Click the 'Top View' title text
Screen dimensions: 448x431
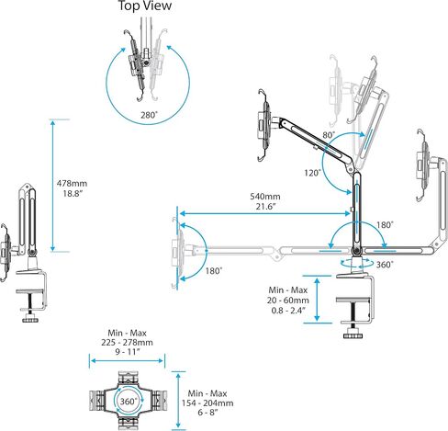tap(145, 6)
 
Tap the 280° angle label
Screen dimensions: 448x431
tap(149, 115)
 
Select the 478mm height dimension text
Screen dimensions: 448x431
tap(72, 183)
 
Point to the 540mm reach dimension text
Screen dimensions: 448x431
tap(265, 197)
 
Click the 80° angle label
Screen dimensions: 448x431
tap(329, 135)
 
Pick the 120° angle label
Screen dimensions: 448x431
tap(312, 173)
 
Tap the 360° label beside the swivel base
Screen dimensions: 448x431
tap(385, 265)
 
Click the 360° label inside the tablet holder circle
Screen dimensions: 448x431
tap(129, 401)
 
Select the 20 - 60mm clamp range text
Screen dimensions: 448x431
tap(287, 301)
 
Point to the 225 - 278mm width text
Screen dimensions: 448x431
tap(127, 342)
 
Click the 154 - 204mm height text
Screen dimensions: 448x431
tap(207, 403)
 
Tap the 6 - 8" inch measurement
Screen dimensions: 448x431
tap(207, 413)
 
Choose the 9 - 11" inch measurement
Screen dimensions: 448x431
tap(128, 352)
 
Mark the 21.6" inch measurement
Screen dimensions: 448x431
tap(266, 207)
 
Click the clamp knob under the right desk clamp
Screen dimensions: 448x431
tap(353, 335)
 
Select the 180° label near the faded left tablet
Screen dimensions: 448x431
tap(214, 271)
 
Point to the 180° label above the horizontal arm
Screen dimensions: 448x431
tap(385, 225)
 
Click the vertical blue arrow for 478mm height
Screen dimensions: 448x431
tap(53, 186)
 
